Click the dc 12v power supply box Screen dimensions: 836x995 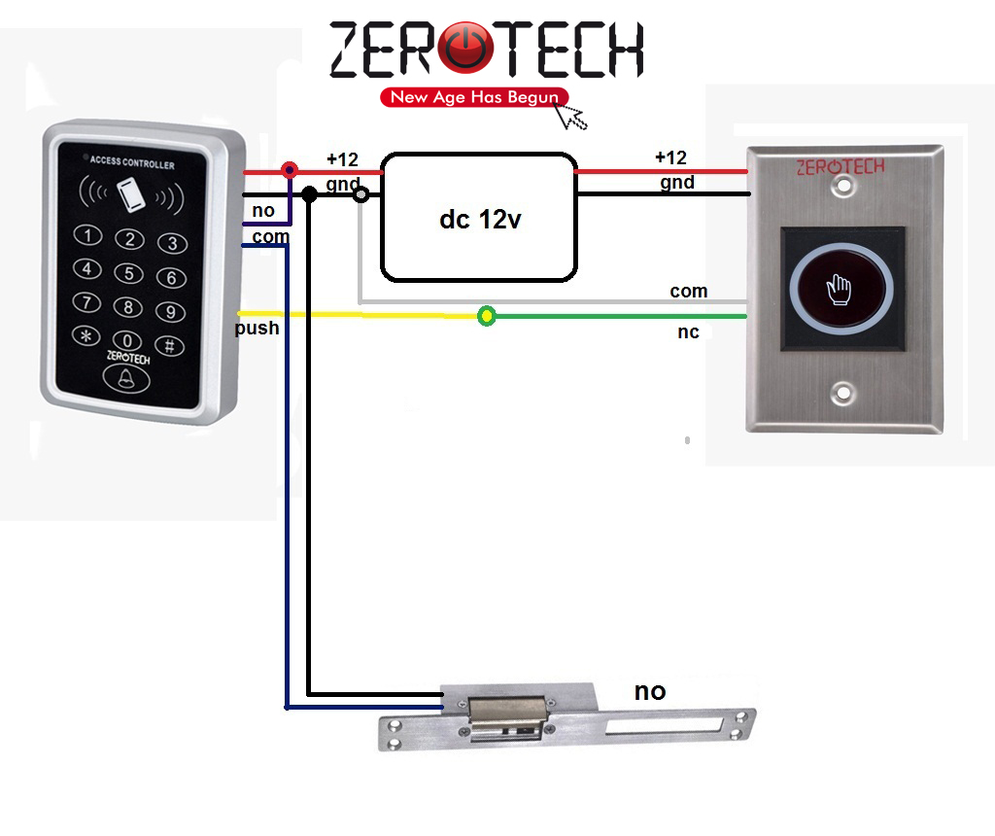point(478,217)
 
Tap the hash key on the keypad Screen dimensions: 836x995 point(169,344)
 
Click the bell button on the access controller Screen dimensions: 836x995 point(126,379)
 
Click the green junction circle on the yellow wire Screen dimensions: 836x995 point(487,316)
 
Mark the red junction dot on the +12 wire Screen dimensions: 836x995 point(289,171)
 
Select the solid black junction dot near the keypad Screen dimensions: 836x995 point(309,194)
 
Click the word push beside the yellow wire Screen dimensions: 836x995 point(257,329)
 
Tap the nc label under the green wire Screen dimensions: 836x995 point(688,332)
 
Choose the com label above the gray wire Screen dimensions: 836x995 point(688,292)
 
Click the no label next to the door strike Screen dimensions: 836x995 point(650,691)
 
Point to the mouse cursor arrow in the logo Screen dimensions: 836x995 point(571,115)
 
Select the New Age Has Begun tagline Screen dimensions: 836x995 point(474,97)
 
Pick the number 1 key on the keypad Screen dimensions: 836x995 point(88,234)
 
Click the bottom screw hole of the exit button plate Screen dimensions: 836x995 point(842,395)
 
